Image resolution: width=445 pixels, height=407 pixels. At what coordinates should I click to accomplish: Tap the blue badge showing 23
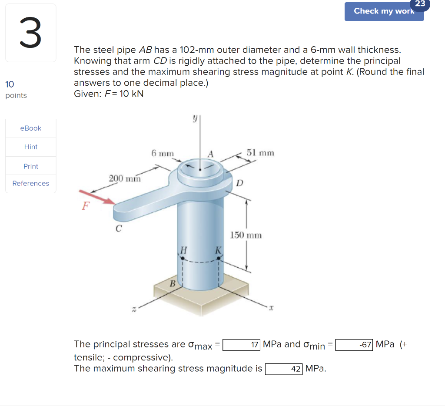[420, 4]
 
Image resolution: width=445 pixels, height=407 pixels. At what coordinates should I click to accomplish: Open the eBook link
[31, 128]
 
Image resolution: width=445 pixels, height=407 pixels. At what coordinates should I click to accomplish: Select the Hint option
[31, 147]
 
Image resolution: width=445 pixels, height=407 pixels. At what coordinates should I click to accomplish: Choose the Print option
[31, 166]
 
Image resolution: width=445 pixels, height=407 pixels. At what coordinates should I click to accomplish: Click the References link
[31, 183]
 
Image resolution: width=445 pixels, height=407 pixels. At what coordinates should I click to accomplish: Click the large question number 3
[30, 34]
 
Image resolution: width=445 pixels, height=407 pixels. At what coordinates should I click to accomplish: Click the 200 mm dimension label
[125, 178]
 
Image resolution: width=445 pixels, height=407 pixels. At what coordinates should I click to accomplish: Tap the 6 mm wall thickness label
[163, 153]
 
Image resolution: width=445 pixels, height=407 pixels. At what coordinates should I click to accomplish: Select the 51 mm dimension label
[260, 153]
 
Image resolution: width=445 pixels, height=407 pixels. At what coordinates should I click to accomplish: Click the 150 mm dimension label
[246, 235]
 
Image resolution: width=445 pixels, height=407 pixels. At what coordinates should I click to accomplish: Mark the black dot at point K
[218, 258]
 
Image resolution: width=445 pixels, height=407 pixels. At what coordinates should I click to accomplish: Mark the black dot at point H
[183, 258]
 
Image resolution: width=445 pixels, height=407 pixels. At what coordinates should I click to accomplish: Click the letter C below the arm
[118, 228]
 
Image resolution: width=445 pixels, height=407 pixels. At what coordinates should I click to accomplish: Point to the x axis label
[270, 308]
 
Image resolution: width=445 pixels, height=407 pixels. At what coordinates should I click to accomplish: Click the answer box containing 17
[242, 345]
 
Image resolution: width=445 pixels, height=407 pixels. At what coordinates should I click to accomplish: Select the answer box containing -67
[354, 345]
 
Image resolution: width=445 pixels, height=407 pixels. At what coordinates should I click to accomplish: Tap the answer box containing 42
[284, 369]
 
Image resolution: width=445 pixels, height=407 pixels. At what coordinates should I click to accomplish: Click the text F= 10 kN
[109, 94]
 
